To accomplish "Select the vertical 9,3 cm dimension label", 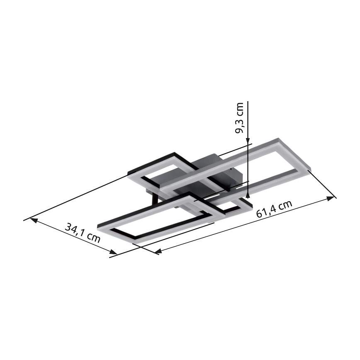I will (239, 119).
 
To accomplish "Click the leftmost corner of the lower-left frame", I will (99, 226).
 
